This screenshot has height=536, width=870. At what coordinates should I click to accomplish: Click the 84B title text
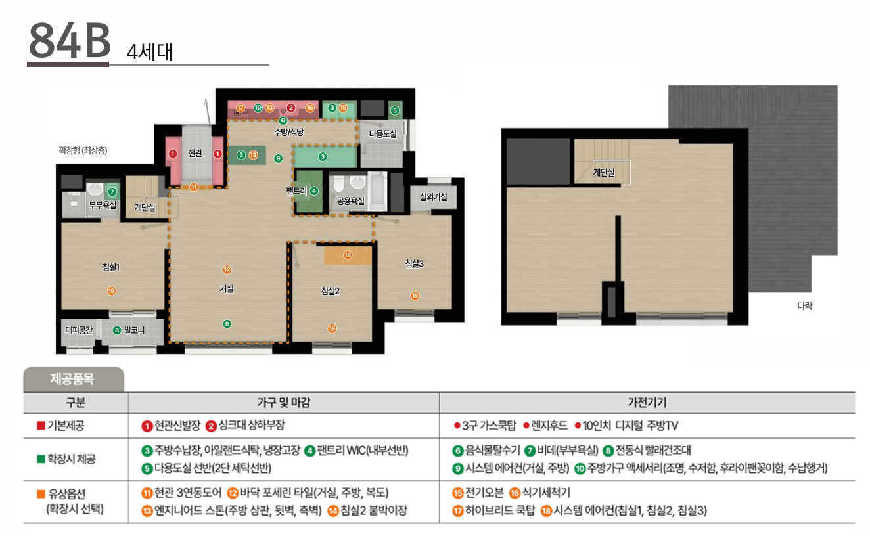[x=70, y=40]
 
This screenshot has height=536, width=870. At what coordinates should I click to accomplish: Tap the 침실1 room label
[x=110, y=267]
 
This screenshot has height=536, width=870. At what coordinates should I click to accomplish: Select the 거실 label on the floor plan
[x=227, y=288]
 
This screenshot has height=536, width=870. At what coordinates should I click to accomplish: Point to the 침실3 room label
[x=415, y=264]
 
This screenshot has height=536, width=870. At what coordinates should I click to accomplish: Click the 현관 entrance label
[x=195, y=153]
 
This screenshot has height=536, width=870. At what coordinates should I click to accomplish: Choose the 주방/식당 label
[x=289, y=132]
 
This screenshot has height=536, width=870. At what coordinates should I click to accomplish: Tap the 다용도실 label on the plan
[x=382, y=134]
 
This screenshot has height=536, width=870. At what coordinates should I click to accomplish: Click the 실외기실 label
[x=434, y=197]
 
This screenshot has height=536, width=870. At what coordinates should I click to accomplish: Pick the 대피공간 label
[x=79, y=330]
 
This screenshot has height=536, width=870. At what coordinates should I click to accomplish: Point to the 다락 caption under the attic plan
[x=804, y=306]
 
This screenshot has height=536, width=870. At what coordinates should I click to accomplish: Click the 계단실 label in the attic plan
[x=604, y=172]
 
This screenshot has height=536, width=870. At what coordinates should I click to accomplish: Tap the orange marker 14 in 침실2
[x=348, y=255]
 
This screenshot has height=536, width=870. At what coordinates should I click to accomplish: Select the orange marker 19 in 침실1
[x=112, y=291]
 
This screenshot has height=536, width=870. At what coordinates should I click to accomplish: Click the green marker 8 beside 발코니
[x=116, y=330]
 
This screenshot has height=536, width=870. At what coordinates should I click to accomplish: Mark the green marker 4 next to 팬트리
[x=314, y=190]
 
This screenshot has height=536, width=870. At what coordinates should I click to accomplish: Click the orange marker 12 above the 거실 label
[x=227, y=269]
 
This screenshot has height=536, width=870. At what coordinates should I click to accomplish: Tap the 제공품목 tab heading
[x=72, y=378]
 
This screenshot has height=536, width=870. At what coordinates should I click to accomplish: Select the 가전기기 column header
[x=647, y=403]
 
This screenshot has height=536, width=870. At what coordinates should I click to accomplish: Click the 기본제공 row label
[x=66, y=426]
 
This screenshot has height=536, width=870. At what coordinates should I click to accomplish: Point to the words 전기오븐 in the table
[x=484, y=493]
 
